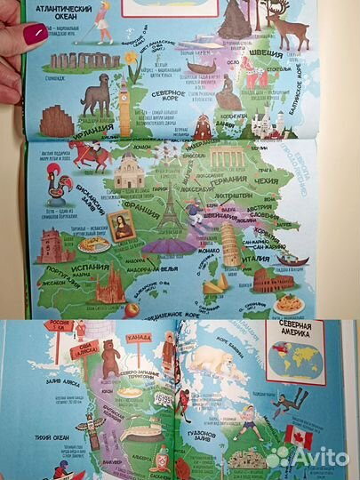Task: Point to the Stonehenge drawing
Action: point(73,62)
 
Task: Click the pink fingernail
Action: point(36,35)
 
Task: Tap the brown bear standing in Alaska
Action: point(110,358)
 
